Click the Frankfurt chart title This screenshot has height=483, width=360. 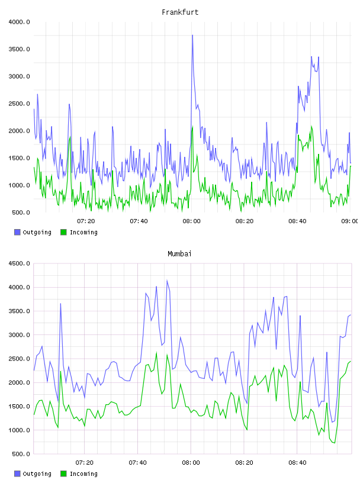pos(180,12)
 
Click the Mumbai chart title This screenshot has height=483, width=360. pos(179,254)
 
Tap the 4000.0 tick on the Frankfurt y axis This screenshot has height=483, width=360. pos(19,22)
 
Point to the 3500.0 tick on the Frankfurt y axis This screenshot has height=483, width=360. pos(19,49)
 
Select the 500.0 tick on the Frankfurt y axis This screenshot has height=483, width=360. pos(21,212)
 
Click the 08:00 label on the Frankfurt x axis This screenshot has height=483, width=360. pos(191,221)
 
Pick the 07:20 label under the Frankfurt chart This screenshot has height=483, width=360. pos(86,221)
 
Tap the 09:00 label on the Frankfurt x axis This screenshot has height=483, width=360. pos(349,221)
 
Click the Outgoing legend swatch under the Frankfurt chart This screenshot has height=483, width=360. pos(17,232)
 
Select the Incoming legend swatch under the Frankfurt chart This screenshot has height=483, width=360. pos(63,232)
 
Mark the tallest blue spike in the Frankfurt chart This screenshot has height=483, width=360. pos(192,35)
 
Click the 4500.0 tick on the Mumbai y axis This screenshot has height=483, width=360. pos(19,263)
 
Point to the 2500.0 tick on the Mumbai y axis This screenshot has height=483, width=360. pos(19,359)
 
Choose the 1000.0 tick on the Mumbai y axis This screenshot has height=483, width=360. pos(19,430)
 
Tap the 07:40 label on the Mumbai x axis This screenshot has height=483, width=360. pos(137,463)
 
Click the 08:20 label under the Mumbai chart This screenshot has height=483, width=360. pos(244,463)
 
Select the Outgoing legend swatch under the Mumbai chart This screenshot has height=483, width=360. pos(17,474)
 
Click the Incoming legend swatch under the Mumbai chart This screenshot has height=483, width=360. pos(63,474)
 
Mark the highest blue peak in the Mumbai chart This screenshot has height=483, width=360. pos(167,281)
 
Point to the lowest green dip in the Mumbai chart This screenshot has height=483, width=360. pos(335,443)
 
